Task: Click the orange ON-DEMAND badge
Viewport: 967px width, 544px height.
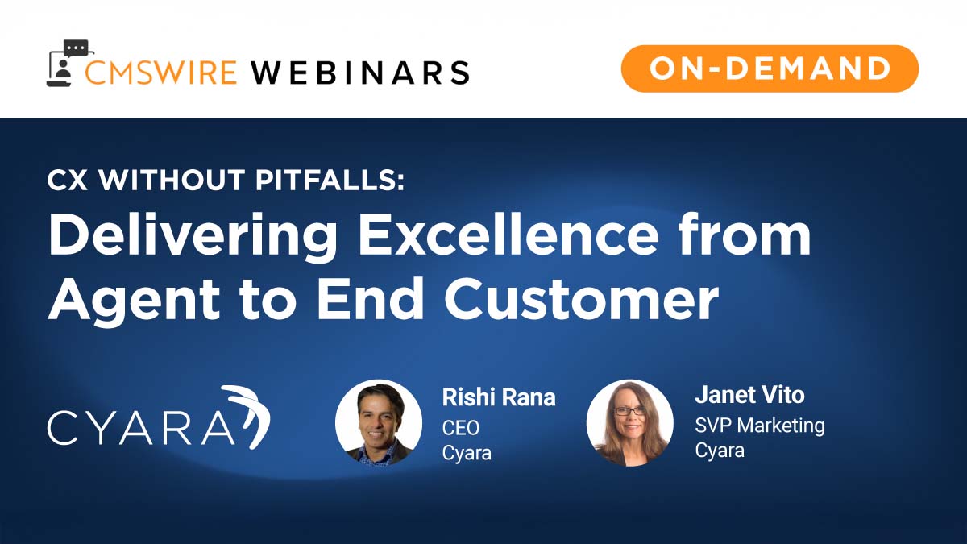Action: (770, 68)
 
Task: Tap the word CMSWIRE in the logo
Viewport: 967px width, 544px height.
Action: (161, 72)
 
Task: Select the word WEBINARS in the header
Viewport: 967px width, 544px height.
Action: (359, 72)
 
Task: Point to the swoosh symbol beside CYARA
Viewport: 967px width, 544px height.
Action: (247, 414)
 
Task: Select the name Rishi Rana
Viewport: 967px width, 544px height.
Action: (499, 397)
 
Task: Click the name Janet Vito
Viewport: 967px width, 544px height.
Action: (749, 396)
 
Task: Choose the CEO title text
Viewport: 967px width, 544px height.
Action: (461, 427)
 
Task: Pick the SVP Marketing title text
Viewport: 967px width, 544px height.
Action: (760, 425)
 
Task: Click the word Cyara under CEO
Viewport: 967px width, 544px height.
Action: (467, 453)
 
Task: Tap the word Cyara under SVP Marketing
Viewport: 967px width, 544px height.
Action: (720, 451)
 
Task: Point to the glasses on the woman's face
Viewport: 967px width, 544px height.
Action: (629, 410)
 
